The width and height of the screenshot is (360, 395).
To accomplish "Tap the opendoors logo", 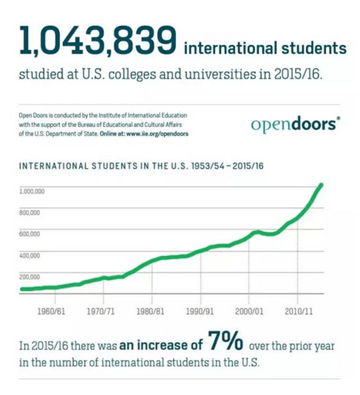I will (x=292, y=124).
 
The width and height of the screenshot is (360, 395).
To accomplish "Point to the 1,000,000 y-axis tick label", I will (x=32, y=191).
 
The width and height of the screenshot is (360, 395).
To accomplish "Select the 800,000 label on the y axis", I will (x=30, y=212).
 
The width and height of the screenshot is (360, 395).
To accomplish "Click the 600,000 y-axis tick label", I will (x=30, y=234).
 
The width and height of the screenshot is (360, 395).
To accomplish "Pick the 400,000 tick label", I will (x=30, y=256).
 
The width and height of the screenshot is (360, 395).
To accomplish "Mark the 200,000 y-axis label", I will (x=30, y=277).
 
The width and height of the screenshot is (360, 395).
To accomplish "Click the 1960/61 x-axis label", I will (x=52, y=311).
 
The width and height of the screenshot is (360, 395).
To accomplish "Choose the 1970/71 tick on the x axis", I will (x=101, y=311).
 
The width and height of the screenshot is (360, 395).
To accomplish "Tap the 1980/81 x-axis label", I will (x=151, y=311).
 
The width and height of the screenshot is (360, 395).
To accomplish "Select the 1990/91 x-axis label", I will (x=200, y=311).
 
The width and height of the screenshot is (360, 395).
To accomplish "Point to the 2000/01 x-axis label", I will (x=249, y=311).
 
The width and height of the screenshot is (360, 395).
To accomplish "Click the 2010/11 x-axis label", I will (x=298, y=311).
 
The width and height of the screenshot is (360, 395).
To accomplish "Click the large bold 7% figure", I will (x=226, y=342).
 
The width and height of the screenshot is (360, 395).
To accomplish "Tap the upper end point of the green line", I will (x=322, y=185).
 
